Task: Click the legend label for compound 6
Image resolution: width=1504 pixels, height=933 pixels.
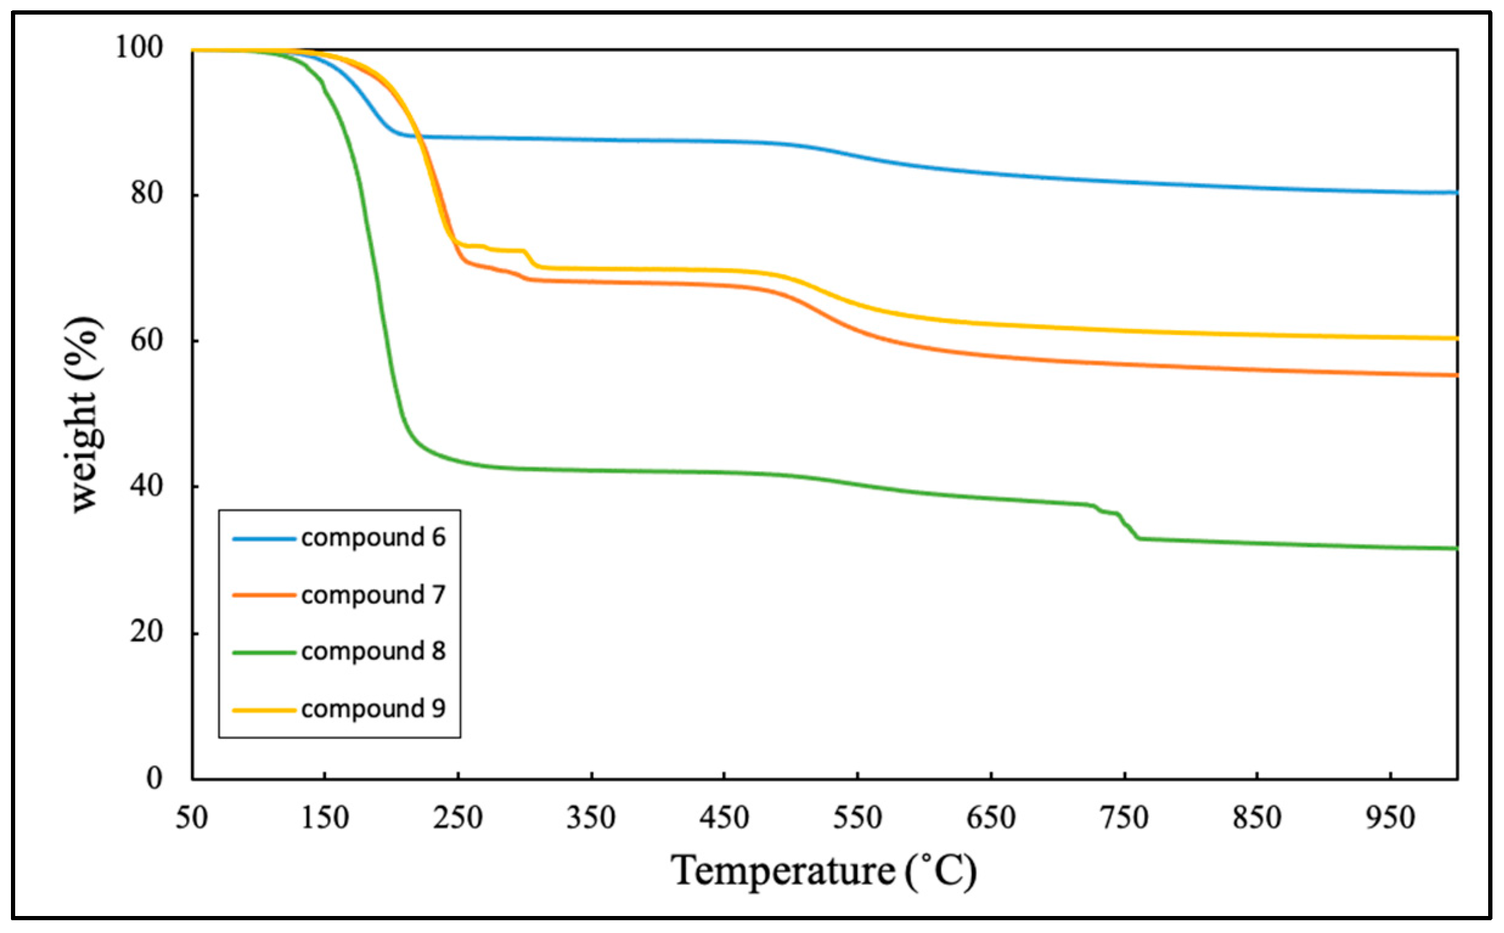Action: (x=373, y=538)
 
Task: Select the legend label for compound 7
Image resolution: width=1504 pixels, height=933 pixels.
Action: (x=373, y=596)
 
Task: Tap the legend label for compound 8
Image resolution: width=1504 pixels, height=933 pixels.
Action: (x=373, y=652)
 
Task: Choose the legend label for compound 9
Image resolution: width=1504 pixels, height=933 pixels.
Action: (x=373, y=709)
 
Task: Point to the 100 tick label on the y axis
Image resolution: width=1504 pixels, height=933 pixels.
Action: (x=139, y=47)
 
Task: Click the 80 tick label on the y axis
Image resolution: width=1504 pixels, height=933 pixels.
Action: (x=147, y=194)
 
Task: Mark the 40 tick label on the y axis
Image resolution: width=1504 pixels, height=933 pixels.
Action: (x=147, y=486)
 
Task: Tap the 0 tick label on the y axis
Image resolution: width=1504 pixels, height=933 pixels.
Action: (x=154, y=779)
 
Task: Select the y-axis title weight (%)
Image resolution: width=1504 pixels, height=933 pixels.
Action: (x=85, y=415)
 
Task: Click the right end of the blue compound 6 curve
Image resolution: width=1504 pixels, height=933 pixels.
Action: (x=1455, y=193)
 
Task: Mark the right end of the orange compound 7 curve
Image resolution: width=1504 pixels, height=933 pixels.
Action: (x=1455, y=374)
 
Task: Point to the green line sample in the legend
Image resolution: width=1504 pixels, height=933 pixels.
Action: (x=263, y=652)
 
